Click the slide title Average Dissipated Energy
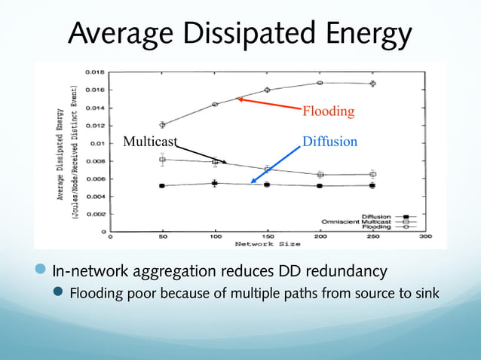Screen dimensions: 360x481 (240, 34)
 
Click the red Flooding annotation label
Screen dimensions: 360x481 (328, 112)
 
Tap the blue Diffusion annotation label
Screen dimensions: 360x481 (329, 141)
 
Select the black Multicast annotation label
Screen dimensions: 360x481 (150, 141)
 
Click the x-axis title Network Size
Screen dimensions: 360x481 (267, 244)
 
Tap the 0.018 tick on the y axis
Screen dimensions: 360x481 (94, 72)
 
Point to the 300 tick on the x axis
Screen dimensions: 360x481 (424, 237)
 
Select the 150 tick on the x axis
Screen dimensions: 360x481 (267, 237)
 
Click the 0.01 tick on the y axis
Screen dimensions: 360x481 (97, 143)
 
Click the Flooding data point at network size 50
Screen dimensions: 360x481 (162, 125)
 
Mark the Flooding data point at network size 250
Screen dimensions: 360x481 (372, 84)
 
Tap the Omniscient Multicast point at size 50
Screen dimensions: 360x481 (162, 160)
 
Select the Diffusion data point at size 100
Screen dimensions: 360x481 (215, 183)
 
